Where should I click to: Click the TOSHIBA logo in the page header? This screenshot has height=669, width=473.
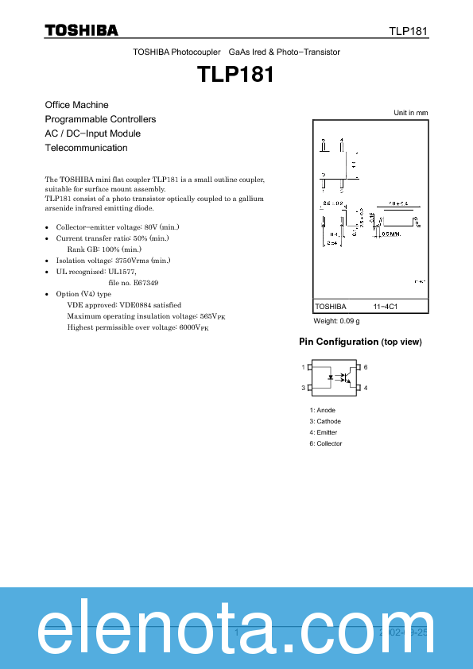coord(81,30)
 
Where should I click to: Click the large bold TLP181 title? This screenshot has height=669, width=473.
coord(236,74)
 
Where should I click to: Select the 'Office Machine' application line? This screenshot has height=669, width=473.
coord(77,105)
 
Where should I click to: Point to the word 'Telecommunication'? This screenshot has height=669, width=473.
coord(87,148)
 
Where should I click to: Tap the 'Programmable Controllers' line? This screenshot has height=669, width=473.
coord(100,119)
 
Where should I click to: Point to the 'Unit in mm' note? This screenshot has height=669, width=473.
coord(411,113)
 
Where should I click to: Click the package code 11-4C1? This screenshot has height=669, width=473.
coord(386,306)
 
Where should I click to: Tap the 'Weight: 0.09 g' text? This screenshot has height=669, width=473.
coord(337,321)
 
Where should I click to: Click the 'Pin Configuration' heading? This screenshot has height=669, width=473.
coord(339,342)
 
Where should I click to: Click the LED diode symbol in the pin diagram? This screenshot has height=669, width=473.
coord(330,378)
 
